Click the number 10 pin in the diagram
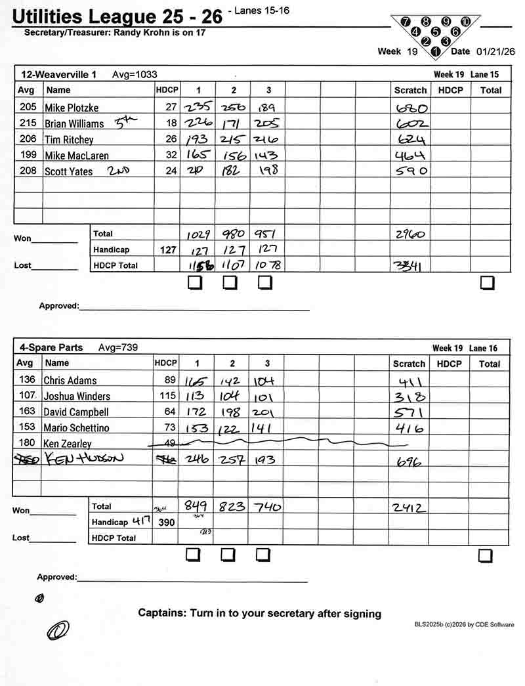point(465,21)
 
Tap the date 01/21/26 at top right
point(495,51)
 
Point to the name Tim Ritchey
point(69,139)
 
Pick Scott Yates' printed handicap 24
point(171,171)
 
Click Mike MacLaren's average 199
point(26,155)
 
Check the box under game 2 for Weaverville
point(230,283)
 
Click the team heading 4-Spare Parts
point(51,347)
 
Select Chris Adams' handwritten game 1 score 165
point(196,381)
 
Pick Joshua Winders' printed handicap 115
point(168,396)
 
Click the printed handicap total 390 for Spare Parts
point(167,522)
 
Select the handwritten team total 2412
point(409,507)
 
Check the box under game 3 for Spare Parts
point(263,555)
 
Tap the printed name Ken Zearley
point(68,444)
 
